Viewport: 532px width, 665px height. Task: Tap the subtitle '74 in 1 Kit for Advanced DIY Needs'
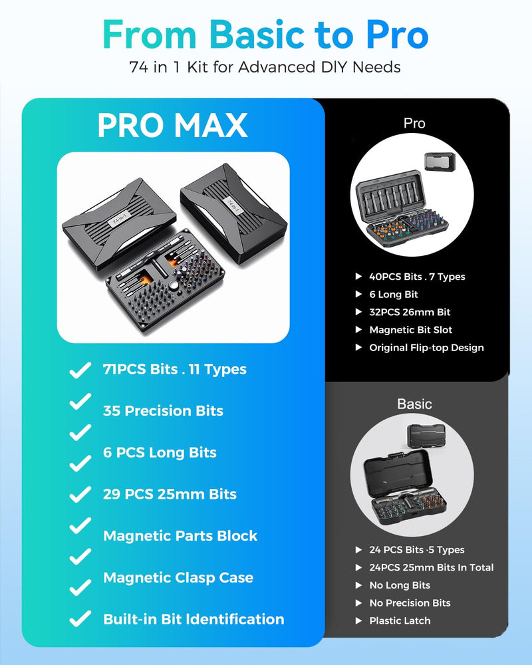[x=265, y=67]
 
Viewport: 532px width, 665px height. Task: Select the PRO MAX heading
[x=173, y=125]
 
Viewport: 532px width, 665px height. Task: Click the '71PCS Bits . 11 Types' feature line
[x=174, y=369]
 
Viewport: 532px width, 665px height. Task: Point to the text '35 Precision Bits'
[x=163, y=410]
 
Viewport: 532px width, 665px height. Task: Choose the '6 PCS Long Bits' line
[x=160, y=452]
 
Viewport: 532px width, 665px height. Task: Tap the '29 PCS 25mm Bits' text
[x=170, y=494]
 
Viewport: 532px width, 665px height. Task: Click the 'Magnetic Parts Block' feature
[x=180, y=535]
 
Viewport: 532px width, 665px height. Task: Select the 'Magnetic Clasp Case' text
[x=178, y=578]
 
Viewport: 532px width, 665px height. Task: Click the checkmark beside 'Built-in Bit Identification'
[x=80, y=618]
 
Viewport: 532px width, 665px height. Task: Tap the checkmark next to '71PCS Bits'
[x=80, y=370]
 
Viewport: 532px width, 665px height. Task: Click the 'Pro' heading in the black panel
[x=414, y=123]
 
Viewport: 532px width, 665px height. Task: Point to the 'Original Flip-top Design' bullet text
[x=426, y=347]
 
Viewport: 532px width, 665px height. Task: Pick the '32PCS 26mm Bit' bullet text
[x=410, y=312]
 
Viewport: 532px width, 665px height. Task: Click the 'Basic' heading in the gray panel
[x=414, y=404]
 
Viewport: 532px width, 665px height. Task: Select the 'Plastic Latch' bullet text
[x=400, y=620]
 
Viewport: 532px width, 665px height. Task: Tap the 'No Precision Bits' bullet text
[x=410, y=602]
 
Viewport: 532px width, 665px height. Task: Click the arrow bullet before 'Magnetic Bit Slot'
[x=358, y=330]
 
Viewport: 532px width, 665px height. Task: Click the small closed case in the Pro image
[x=440, y=162]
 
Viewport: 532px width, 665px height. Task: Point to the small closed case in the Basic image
[x=426, y=436]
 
